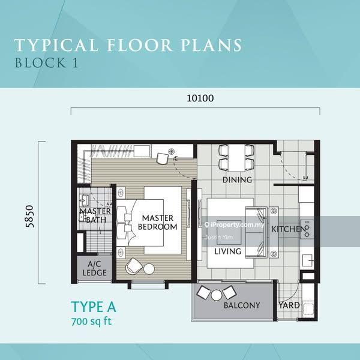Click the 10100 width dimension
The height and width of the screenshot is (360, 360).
[200, 98]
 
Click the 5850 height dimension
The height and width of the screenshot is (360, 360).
[30, 216]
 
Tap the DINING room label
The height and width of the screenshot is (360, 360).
[237, 179]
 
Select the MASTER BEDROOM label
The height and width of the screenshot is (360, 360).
[157, 222]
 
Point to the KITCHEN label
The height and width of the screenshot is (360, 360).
[289, 229]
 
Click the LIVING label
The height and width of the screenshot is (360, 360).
[228, 251]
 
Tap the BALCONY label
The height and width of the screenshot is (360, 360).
[242, 305]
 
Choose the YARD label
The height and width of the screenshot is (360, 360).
[289, 305]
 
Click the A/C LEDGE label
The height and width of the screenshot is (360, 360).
[94, 268]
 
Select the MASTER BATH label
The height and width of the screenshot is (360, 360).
[95, 215]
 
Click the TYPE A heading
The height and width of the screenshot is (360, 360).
[94, 307]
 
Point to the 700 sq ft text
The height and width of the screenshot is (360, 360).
[91, 321]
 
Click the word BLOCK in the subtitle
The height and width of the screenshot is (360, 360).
[40, 63]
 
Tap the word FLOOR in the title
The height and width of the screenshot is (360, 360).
[139, 45]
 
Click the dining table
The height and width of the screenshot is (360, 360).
[236, 158]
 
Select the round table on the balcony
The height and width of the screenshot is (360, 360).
[217, 295]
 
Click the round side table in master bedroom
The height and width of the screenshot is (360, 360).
[149, 268]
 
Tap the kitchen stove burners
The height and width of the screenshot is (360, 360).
[307, 229]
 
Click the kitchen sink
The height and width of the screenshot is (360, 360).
[307, 260]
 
